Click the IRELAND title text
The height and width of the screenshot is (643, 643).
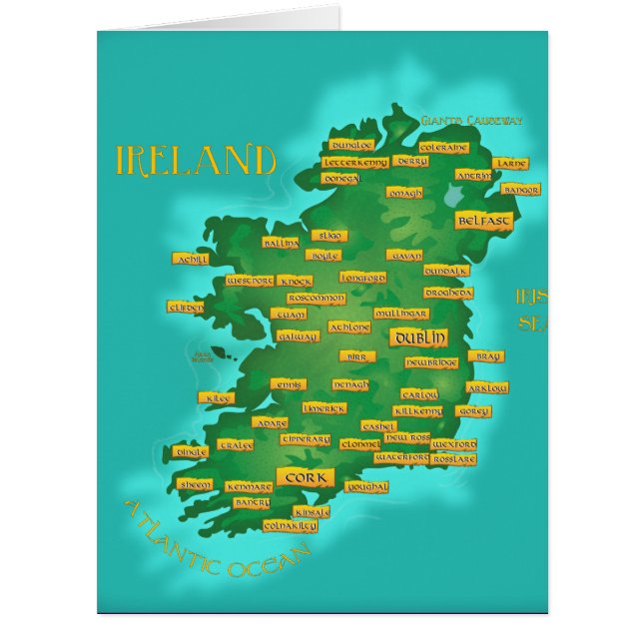click(196, 160)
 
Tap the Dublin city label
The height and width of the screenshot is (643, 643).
click(418, 337)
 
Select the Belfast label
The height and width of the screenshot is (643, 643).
click(484, 220)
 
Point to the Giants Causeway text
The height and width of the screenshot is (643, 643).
click(471, 121)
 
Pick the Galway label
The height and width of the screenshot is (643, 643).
click(298, 336)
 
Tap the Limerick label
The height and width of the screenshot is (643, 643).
click(324, 408)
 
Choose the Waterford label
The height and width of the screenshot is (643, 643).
click(401, 457)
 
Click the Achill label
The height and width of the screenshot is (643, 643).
click(190, 259)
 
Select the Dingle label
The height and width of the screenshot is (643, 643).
click(192, 451)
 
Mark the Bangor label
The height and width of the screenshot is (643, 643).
click(520, 189)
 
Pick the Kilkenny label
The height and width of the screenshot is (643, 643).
click(417, 411)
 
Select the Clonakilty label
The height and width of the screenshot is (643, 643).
click(291, 525)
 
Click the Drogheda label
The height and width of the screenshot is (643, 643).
click(447, 294)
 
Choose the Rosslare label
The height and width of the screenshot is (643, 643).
click(452, 459)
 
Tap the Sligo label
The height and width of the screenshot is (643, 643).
click(328, 236)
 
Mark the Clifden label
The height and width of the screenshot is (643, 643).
click(187, 308)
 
